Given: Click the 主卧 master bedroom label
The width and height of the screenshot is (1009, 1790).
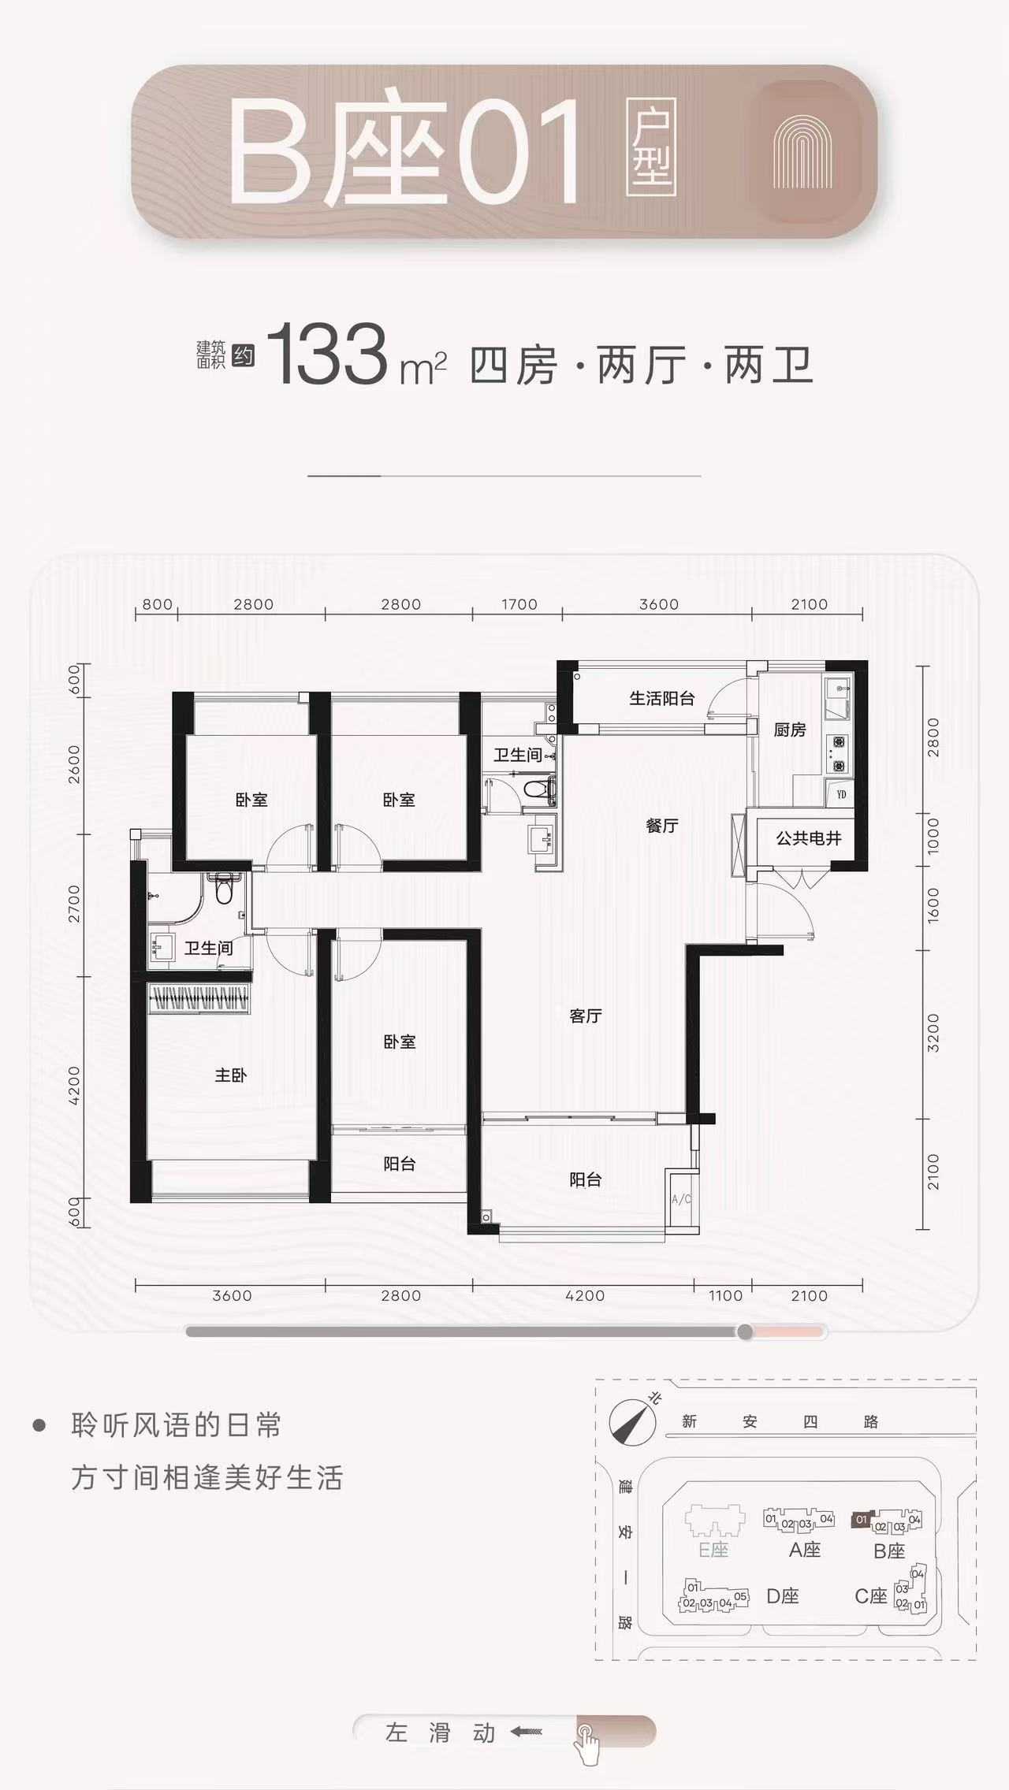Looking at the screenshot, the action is [231, 1075].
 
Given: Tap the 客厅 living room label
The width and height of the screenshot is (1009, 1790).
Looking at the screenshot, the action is [586, 1016].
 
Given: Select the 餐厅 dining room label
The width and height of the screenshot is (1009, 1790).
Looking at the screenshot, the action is [662, 826].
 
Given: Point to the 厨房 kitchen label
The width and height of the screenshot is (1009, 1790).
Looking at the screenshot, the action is [790, 730].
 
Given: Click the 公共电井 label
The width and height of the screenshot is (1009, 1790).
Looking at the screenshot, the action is [809, 838].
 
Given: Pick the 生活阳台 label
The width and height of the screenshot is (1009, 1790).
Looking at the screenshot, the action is [662, 698].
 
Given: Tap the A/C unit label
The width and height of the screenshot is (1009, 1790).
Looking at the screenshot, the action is [681, 1199].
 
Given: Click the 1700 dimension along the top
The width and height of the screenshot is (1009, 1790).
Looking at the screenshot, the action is [519, 604].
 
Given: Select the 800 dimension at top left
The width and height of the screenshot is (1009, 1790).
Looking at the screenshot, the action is [157, 604].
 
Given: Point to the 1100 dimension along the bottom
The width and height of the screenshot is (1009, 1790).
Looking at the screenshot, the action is [725, 1295].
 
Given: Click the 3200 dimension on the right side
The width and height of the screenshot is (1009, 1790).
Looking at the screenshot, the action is [933, 1034].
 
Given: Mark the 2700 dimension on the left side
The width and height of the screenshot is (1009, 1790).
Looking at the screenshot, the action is [74, 904].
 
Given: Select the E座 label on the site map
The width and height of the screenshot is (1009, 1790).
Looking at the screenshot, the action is [713, 1550].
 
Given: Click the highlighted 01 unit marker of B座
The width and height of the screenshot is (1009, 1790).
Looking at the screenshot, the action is [861, 1519].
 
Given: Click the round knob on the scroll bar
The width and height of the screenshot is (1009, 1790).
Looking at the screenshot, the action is [745, 1331].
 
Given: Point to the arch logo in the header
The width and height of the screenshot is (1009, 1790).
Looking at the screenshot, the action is [802, 152].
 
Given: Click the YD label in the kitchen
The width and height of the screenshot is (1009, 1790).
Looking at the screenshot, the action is [841, 794].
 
